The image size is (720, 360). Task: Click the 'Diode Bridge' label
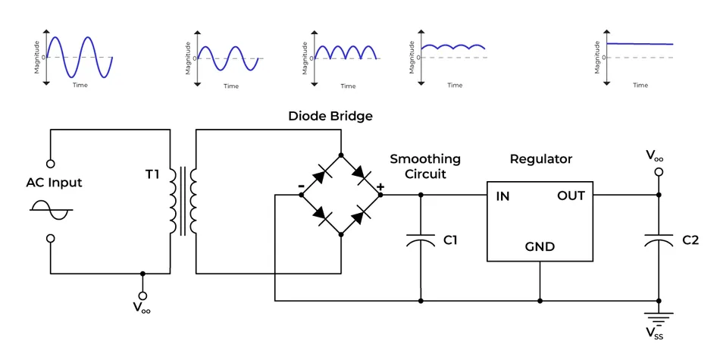(x=330, y=116)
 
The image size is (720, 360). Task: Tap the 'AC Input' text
(x=54, y=183)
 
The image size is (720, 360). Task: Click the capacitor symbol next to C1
(x=421, y=241)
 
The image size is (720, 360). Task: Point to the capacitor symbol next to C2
(x=659, y=240)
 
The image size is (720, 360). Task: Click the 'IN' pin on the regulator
(x=502, y=196)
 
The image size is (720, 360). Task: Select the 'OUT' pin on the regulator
(x=571, y=196)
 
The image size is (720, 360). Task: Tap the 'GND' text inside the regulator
(x=540, y=247)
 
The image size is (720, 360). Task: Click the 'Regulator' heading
(x=540, y=159)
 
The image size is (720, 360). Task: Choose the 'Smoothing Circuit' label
(x=424, y=166)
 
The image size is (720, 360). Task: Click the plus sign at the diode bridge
(x=380, y=186)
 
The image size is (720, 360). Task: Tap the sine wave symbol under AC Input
(x=51, y=210)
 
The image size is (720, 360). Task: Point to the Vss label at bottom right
(x=659, y=334)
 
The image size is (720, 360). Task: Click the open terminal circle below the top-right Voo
(x=659, y=173)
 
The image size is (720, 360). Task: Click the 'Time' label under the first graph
(x=80, y=86)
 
